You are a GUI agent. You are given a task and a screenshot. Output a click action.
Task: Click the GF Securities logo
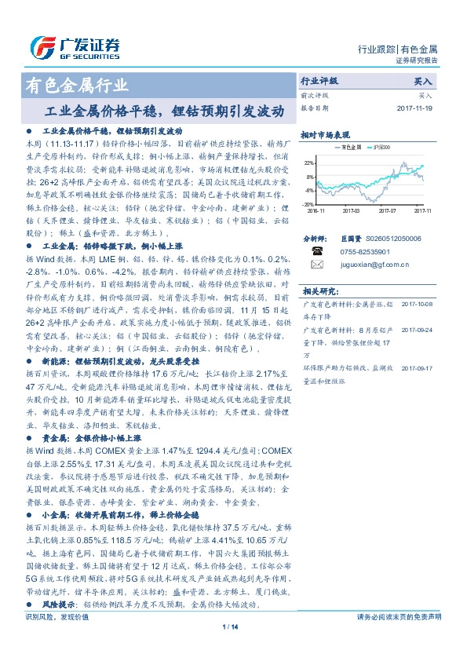click(x=75, y=48)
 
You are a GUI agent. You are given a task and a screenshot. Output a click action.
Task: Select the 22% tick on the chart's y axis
click(x=310, y=163)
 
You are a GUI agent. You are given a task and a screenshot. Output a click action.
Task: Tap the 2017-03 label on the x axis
click(x=352, y=210)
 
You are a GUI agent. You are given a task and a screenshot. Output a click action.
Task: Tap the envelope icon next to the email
click(x=317, y=265)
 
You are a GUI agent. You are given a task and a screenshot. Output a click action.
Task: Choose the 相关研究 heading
click(x=317, y=290)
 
